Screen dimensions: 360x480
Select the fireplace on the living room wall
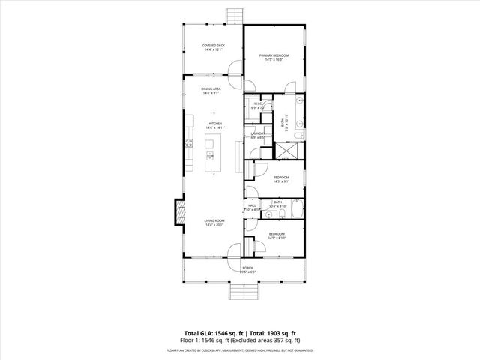[178, 211]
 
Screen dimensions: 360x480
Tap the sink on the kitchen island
[211, 156]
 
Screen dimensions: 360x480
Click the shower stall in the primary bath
[286, 148]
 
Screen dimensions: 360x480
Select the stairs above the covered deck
[234, 16]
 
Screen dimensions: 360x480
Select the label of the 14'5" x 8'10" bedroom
[277, 236]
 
